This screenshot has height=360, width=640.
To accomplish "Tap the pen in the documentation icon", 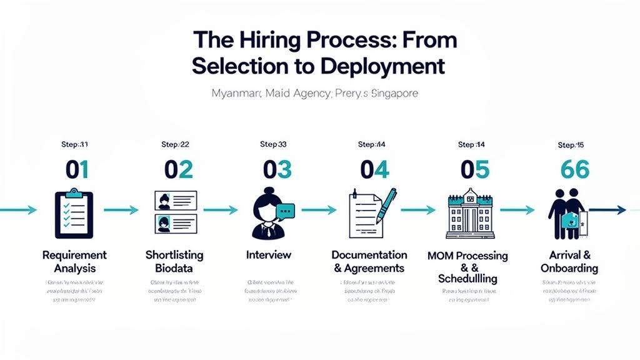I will click(386, 206).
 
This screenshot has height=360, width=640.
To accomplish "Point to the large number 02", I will click(179, 170).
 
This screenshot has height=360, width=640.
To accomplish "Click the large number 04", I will click(374, 170).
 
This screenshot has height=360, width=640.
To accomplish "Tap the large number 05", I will click(474, 170).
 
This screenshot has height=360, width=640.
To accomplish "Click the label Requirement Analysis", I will click(74, 262).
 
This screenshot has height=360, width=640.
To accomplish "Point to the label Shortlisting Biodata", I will click(174, 262).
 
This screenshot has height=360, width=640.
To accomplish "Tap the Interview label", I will click(269, 255).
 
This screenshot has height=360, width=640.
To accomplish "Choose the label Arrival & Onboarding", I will click(569, 262).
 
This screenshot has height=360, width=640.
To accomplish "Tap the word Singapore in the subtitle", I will click(386, 94).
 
